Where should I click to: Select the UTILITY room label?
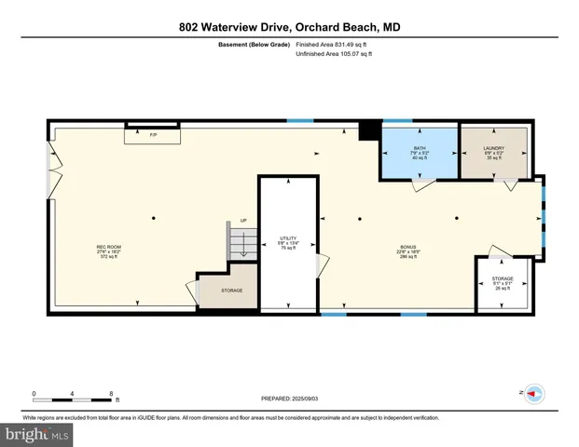coord(288,243)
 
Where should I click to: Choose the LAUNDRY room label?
coord(493,153)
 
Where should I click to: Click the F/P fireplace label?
coord(153,136)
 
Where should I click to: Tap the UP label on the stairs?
coord(244,221)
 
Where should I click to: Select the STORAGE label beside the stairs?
coord(232,291)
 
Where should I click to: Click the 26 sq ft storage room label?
coord(503,283)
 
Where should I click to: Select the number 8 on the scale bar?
coord(112,392)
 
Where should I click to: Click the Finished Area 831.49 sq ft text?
coord(333,44)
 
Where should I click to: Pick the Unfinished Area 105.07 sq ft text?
coord(333,54)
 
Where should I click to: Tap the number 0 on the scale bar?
coord(34,392)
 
